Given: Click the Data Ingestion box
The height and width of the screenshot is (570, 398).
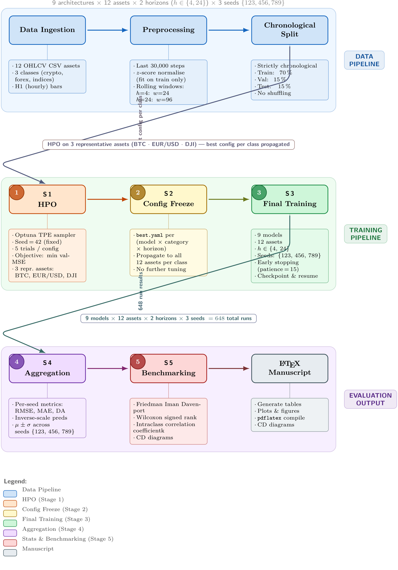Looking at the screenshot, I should point(47,30).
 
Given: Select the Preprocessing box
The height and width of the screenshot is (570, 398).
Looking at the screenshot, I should point(168,30).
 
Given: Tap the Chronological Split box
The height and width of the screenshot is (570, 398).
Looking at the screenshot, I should point(289,30).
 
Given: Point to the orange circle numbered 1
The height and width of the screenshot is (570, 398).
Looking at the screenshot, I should point(17,192).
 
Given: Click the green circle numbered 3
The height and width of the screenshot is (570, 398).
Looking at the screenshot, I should point(259,192).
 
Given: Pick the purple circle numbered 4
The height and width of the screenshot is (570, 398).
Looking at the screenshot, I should point(17,362).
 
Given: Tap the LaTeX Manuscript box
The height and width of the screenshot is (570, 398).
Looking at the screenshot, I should point(289,368).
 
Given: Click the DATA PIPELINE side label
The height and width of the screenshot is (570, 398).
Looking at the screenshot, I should point(364,60).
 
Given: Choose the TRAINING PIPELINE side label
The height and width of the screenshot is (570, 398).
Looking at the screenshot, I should point(365,234).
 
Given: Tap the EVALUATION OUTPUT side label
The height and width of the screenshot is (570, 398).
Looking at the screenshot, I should point(370,399).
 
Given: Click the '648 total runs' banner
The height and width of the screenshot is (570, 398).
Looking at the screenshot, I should point(168,318).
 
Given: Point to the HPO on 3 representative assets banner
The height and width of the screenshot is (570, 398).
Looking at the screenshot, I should point(168,144).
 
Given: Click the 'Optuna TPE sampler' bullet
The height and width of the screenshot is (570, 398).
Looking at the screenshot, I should point(45,235).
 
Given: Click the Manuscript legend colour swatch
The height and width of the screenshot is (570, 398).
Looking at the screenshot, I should point(10,553).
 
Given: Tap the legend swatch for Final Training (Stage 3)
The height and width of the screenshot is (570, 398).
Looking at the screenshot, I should point(10,523).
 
